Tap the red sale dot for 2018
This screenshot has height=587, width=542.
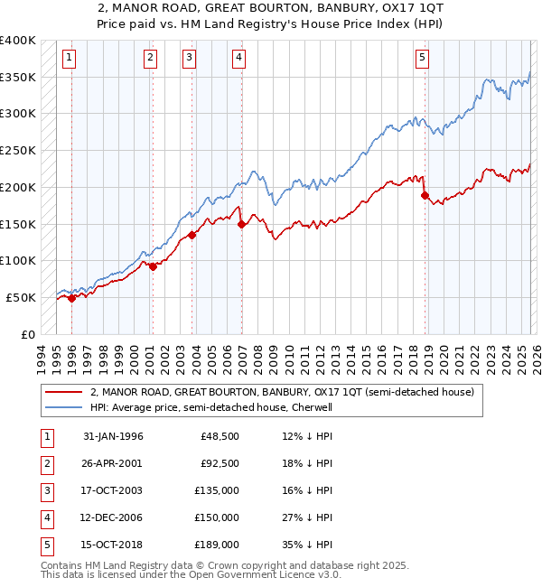425,194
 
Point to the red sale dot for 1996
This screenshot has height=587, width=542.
71,299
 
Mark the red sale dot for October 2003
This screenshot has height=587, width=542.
192,236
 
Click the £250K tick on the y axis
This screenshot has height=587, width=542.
18,151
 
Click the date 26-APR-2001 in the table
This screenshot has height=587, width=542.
113,463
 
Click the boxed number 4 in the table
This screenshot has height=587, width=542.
45,517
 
